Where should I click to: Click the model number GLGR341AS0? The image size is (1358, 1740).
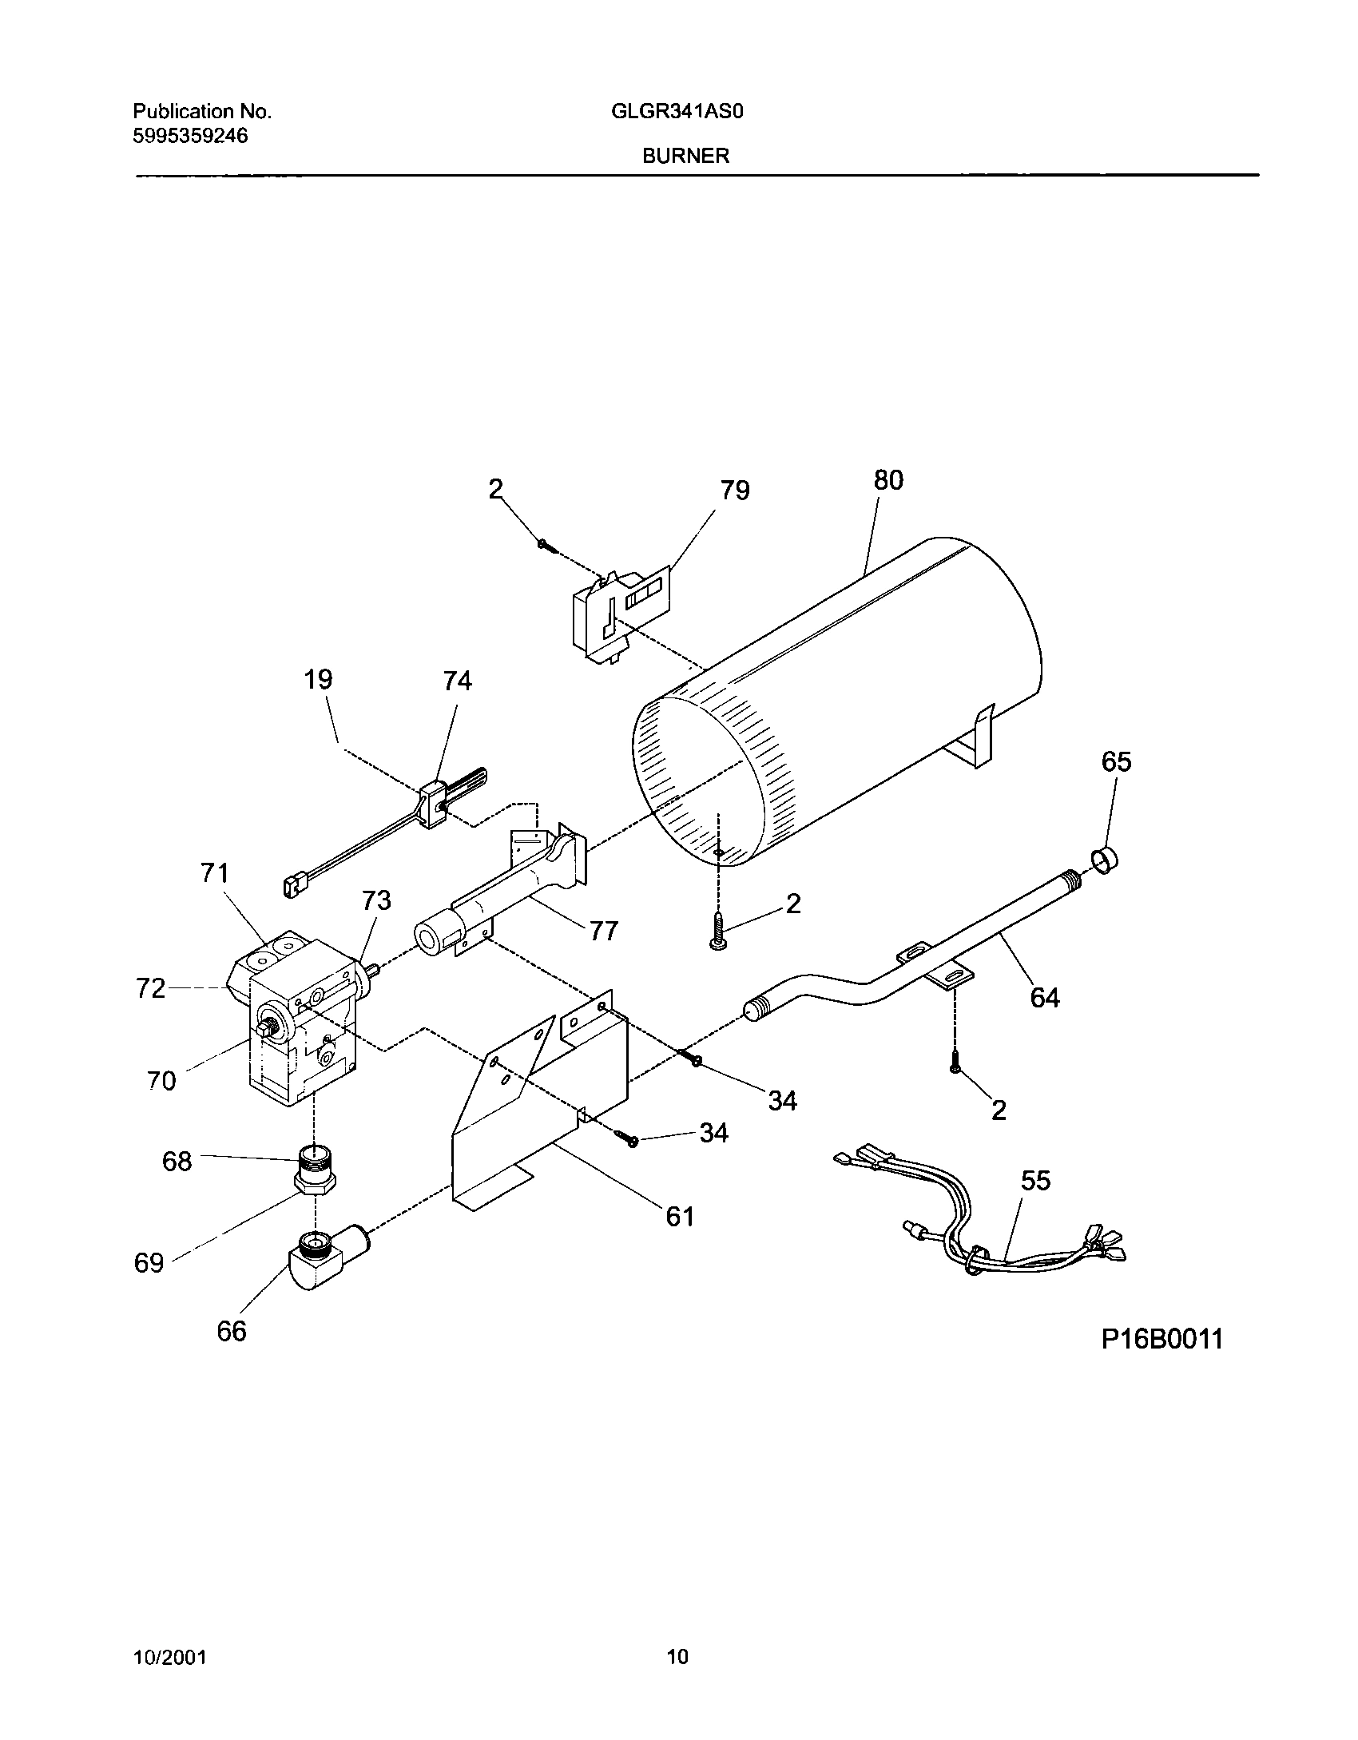677,112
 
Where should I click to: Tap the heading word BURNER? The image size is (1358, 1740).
686,157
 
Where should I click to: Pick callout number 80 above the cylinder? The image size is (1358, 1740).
887,480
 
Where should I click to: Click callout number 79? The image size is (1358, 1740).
734,490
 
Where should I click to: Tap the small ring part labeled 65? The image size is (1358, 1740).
1105,860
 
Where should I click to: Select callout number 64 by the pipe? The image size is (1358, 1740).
1045,997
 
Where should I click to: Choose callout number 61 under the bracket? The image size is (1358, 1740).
680,1216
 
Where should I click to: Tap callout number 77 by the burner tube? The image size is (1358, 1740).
604,931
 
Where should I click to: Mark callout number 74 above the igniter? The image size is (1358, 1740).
457,681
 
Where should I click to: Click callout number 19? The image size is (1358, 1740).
318,680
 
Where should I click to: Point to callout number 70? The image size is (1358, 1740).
161,1081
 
